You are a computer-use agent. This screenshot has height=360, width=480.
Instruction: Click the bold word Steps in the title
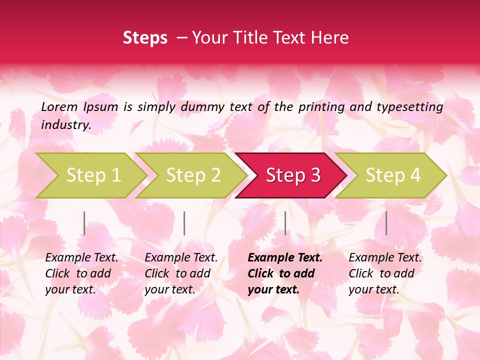(145, 38)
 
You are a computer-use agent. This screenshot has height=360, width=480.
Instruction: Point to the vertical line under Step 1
(84, 223)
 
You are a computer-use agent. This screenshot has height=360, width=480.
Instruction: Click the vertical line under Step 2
(184, 223)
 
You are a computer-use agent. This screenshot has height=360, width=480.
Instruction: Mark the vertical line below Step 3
(285, 223)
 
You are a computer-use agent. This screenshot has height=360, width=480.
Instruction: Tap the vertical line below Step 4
(386, 223)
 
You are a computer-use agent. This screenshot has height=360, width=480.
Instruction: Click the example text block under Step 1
(81, 273)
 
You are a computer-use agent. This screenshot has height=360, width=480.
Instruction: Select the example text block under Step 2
(180, 273)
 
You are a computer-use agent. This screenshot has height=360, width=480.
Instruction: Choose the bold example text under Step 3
(284, 273)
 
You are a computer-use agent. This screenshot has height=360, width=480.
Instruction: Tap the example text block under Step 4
(384, 273)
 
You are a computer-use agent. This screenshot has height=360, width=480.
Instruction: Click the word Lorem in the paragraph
(59, 106)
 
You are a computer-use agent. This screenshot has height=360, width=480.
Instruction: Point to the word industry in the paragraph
(66, 125)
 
